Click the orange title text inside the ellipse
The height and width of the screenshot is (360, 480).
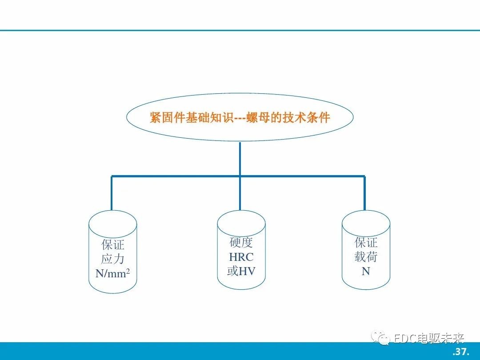(x=240, y=117)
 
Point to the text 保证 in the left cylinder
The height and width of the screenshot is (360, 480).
(x=113, y=245)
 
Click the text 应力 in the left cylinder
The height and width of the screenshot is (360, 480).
(x=113, y=259)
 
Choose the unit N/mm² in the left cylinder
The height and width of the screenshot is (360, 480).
(x=112, y=273)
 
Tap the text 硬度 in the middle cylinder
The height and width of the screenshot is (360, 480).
(x=241, y=242)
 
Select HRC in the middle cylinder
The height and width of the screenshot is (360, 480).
(x=241, y=257)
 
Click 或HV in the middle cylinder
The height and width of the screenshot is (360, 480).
(x=241, y=271)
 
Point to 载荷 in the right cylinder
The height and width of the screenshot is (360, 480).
(x=366, y=257)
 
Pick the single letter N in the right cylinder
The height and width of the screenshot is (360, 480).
(x=366, y=271)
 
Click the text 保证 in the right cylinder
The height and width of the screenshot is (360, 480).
(x=366, y=243)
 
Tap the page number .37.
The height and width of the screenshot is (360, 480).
(x=461, y=352)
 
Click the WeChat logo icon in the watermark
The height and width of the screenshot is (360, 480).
(x=380, y=338)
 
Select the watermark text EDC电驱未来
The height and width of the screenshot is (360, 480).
(x=428, y=338)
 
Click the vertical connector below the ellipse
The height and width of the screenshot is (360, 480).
(x=240, y=159)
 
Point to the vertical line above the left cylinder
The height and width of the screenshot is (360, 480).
(x=112, y=193)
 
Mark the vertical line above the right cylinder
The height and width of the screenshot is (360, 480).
(x=364, y=193)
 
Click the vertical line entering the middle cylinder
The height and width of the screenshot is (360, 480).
(x=240, y=193)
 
